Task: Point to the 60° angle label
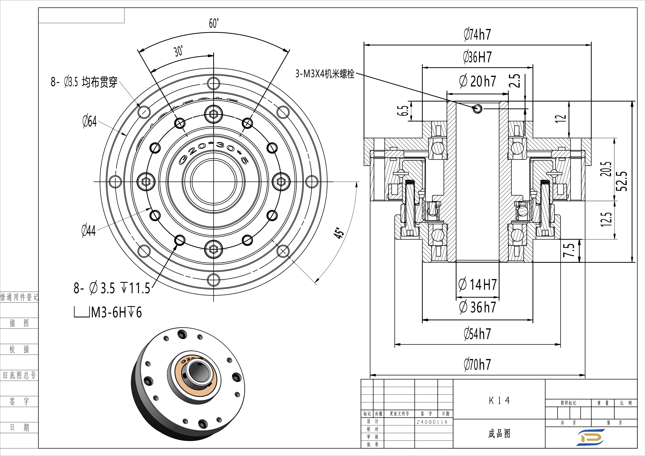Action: [214, 23]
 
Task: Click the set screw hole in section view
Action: [477, 108]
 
